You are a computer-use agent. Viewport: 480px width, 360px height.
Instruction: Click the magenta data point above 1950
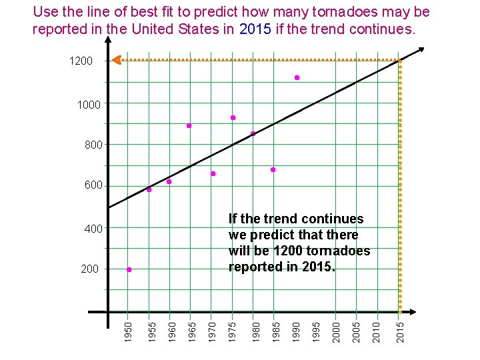tap(129, 270)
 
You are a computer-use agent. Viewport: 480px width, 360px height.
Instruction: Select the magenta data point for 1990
tap(297, 78)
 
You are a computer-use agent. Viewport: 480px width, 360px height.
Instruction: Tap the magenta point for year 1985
tap(273, 170)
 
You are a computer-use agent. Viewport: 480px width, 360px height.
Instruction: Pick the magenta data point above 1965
tap(189, 125)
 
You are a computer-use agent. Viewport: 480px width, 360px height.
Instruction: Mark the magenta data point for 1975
tap(233, 118)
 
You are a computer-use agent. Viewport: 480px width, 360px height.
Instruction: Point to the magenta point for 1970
tap(213, 174)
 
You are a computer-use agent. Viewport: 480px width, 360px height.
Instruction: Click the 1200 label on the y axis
tap(81, 61)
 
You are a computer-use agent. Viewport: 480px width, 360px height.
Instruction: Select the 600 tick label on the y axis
tap(93, 185)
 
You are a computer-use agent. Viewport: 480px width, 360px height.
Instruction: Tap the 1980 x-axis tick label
tap(253, 332)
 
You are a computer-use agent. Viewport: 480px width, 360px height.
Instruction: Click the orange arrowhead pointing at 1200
tap(116, 60)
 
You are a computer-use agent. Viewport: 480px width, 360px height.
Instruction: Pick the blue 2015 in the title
tap(255, 30)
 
